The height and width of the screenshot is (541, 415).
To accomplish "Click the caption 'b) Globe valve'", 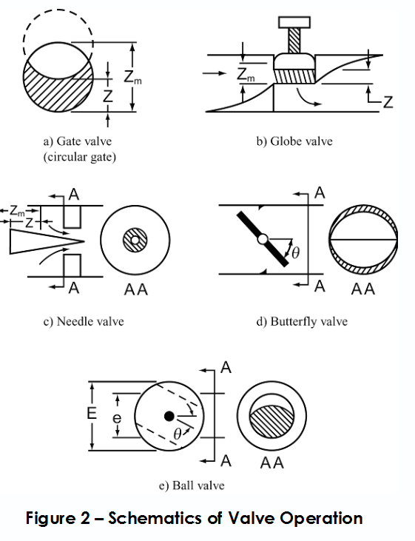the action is [294, 141].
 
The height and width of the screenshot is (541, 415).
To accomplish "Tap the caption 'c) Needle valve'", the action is [84, 321].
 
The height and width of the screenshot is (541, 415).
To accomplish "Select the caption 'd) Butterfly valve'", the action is [302, 321].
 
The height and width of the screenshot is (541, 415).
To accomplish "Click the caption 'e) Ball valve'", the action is [192, 485].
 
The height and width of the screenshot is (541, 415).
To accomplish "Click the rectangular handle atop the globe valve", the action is [294, 22].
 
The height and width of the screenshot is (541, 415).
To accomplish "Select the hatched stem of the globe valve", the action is [294, 41].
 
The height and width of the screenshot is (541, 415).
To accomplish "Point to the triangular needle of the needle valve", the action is [47, 241].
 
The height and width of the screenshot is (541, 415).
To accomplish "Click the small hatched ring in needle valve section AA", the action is [135, 240].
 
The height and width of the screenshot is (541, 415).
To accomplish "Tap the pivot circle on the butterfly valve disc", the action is [263, 239].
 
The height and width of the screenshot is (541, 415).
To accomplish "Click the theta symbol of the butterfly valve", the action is [295, 254].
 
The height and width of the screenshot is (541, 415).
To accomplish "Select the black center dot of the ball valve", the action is [169, 416].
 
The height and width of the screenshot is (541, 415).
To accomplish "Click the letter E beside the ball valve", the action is [92, 413].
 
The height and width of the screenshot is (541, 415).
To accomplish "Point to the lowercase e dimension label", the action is [118, 418].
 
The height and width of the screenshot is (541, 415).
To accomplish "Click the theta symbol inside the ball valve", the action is [177, 434].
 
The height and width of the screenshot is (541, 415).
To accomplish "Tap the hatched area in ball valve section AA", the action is [271, 421].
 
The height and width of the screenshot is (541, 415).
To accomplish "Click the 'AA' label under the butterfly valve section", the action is [363, 289].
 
